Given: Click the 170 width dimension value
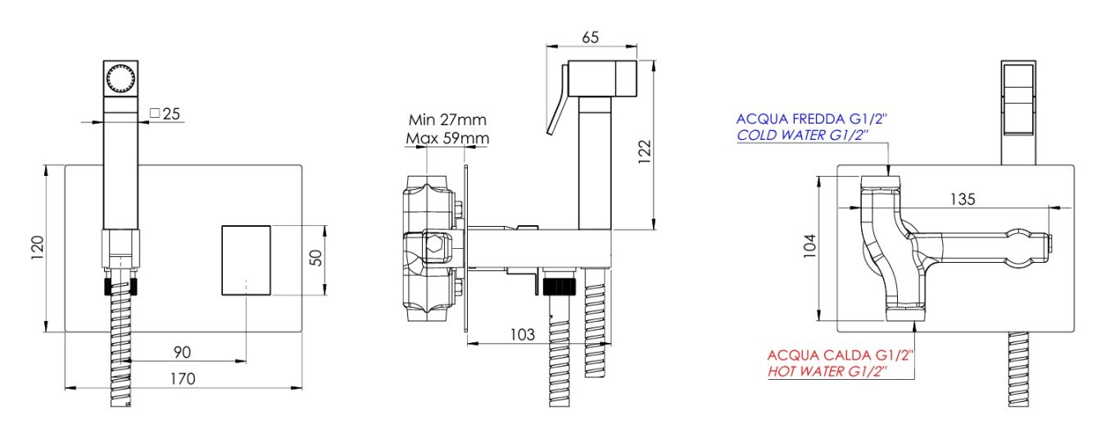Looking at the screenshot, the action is pyautogui.click(x=183, y=379).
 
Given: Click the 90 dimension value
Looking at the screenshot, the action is pyautogui.click(x=182, y=352).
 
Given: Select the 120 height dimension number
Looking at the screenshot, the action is pyautogui.click(x=38, y=248).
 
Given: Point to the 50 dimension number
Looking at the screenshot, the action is pyautogui.click(x=316, y=259).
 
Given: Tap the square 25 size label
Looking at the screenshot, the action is pyautogui.click(x=165, y=114).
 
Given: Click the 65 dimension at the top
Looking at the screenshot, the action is pyautogui.click(x=590, y=38).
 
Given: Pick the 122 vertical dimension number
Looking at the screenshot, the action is pyautogui.click(x=645, y=152).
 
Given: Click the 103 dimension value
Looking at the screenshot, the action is pyautogui.click(x=523, y=335).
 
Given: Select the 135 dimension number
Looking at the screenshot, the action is pyautogui.click(x=963, y=199).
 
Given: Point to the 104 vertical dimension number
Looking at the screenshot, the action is pyautogui.click(x=809, y=246).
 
